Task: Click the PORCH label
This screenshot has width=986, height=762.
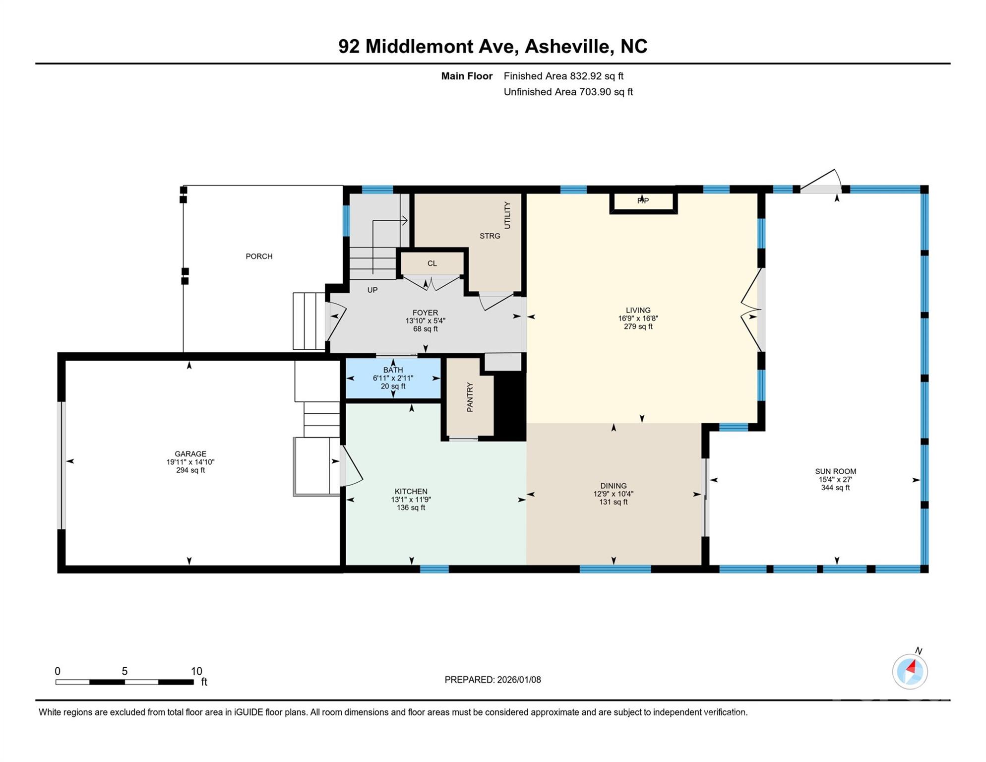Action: click(x=259, y=256)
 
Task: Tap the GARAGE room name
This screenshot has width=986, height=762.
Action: click(x=190, y=454)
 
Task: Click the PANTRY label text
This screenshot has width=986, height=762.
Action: click(x=470, y=397)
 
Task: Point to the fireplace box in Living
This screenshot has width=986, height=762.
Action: click(x=643, y=201)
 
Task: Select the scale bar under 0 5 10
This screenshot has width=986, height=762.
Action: click(x=124, y=682)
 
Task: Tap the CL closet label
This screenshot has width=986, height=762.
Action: click(x=432, y=263)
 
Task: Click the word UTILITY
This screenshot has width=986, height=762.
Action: click(x=507, y=215)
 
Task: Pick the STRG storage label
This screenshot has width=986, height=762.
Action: click(x=490, y=236)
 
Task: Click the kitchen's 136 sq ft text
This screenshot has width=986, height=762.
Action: click(x=411, y=508)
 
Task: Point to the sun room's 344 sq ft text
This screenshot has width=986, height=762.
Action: click(x=835, y=488)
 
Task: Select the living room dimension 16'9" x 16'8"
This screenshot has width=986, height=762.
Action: click(x=638, y=318)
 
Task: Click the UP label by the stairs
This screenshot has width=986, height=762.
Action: click(x=372, y=290)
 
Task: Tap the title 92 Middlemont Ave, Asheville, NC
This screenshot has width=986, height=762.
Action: click(x=493, y=46)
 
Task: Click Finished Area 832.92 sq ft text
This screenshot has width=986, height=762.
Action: click(x=563, y=76)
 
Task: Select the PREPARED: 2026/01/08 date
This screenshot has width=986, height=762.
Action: click(x=493, y=680)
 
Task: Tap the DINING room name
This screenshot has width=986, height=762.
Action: click(x=613, y=486)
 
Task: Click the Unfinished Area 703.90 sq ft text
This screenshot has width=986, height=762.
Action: click(x=568, y=92)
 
